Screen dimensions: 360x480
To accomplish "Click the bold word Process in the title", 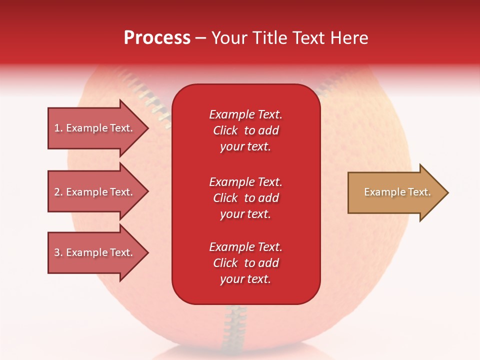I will click(x=157, y=38).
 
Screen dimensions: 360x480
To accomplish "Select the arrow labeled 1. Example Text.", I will click(x=95, y=128).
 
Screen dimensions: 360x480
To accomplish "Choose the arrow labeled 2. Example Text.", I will click(x=95, y=192).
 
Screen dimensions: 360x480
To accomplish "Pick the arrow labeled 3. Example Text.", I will click(x=95, y=252).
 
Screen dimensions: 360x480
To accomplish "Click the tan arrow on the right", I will click(x=395, y=192).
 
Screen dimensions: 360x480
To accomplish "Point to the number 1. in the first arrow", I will click(x=58, y=128).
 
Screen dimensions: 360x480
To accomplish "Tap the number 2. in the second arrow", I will click(x=58, y=192).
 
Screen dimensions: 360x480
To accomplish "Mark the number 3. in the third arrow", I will click(x=58, y=252).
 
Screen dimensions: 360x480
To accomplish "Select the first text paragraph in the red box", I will click(x=245, y=130).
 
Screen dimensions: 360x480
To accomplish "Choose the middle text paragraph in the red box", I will click(x=245, y=198).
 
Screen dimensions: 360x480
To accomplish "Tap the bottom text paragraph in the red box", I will click(x=245, y=263).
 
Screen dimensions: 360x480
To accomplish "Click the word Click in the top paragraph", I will click(x=225, y=130).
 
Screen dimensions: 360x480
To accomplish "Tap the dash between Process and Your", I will click(x=200, y=38).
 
